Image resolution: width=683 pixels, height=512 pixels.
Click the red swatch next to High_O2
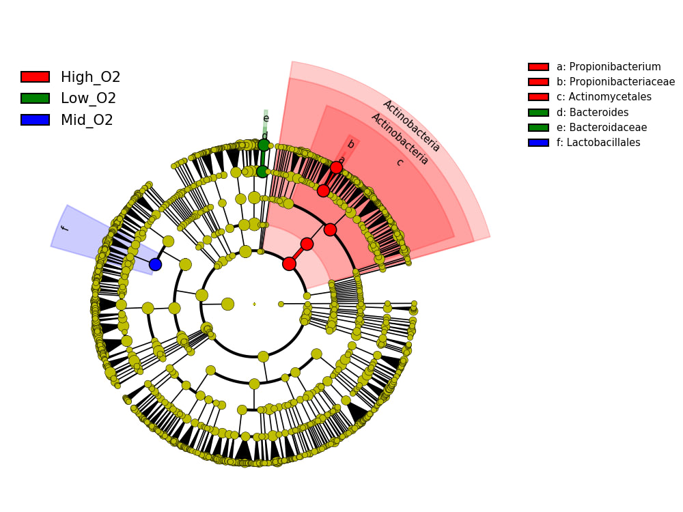tap(35, 77)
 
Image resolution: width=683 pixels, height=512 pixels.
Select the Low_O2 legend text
tap(88, 98)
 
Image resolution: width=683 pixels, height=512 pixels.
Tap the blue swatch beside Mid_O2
tap(35, 120)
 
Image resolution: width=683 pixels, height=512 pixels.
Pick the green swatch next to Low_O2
tap(35, 98)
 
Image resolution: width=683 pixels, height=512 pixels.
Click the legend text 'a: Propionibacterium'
tap(608, 67)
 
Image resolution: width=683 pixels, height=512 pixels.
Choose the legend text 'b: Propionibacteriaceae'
tap(615, 82)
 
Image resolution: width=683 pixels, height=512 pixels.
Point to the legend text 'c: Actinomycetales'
tap(603, 97)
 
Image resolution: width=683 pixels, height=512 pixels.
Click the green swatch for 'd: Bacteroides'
tap(538, 113)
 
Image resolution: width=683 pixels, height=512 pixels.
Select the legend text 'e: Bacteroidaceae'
tap(601, 128)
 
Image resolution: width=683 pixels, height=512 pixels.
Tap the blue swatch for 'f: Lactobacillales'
tap(538, 143)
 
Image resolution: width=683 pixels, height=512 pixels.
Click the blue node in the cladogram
tap(155, 264)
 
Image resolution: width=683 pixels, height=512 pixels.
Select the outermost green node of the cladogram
tap(264, 145)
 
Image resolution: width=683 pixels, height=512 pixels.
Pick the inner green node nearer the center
tap(262, 171)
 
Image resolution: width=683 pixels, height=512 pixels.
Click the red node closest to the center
tap(289, 264)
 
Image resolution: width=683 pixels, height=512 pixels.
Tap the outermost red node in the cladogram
tap(336, 167)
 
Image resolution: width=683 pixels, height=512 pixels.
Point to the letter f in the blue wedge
tap(64, 228)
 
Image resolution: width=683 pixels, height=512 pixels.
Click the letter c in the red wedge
tap(399, 162)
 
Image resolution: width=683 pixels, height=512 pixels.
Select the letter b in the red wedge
tap(350, 144)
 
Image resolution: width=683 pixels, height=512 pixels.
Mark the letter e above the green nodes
tap(266, 118)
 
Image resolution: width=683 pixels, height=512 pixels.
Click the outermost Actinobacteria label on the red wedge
tap(411, 126)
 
